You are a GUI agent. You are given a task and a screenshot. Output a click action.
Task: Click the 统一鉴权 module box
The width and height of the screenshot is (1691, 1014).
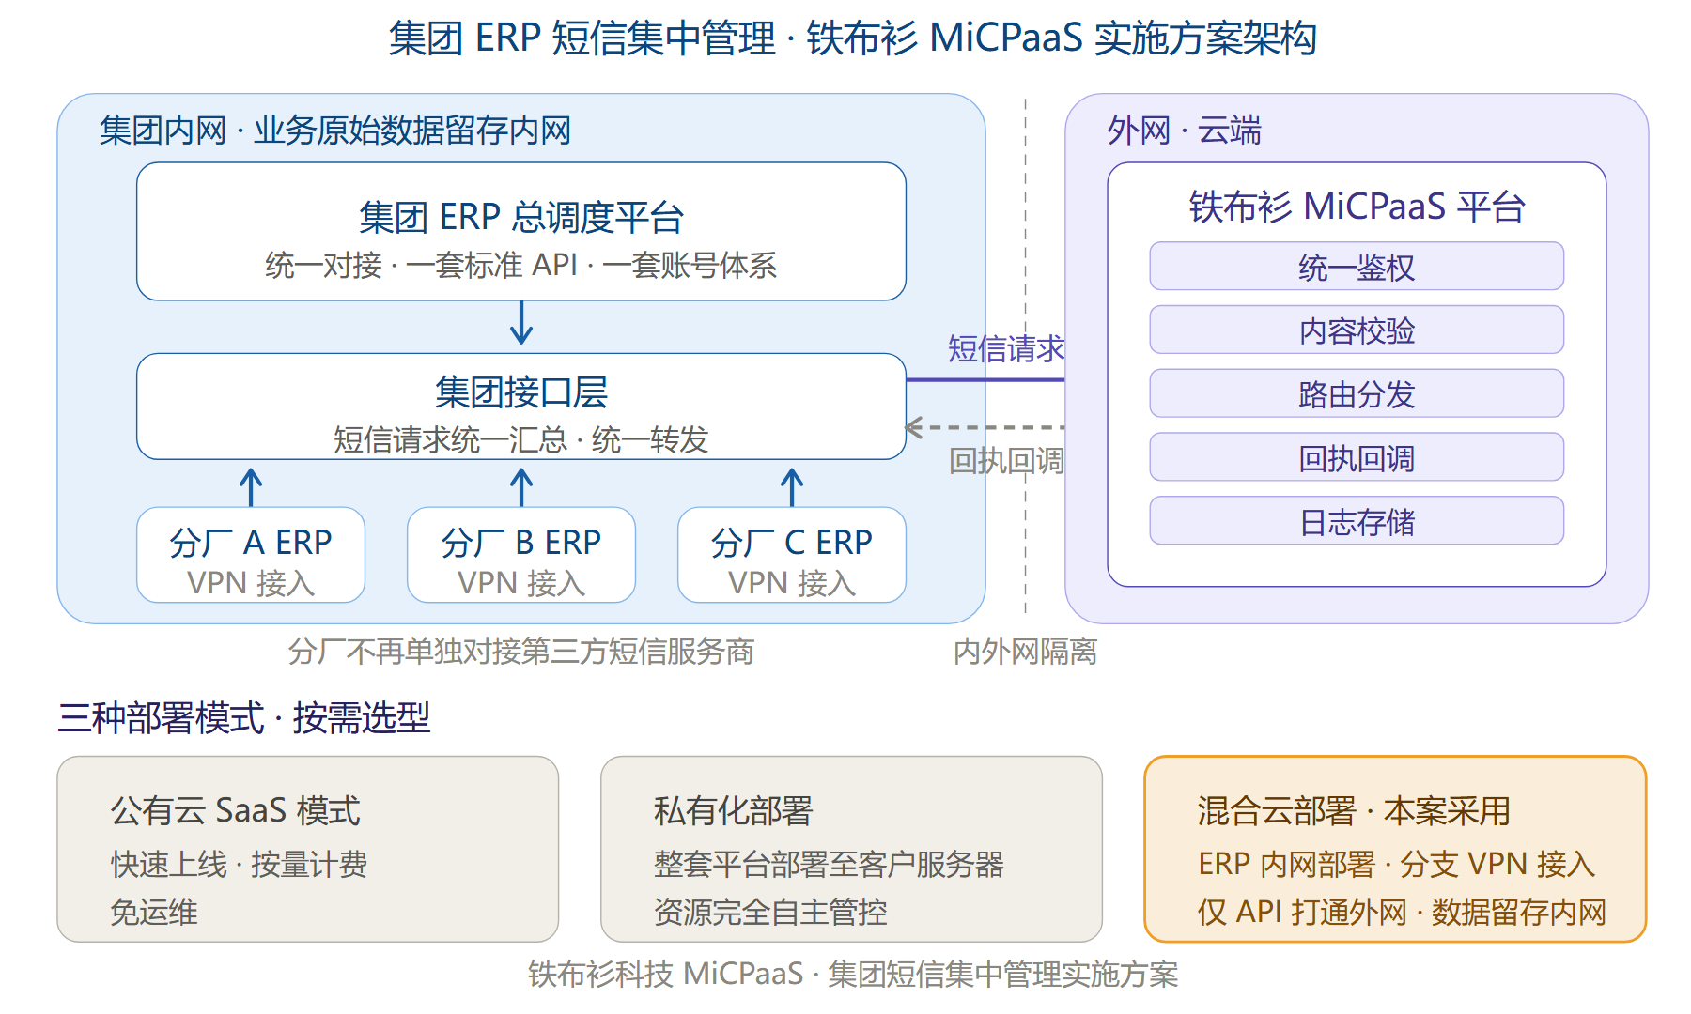[x=1357, y=267]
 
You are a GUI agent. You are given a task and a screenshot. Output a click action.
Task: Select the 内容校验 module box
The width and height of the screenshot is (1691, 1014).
[x=1357, y=330]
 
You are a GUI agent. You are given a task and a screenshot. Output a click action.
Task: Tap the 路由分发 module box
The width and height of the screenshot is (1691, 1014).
[x=1357, y=393]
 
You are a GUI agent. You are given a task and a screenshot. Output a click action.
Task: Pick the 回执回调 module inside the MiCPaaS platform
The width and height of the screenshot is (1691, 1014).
[x=1357, y=457]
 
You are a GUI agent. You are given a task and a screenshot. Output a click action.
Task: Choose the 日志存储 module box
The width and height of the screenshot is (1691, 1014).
[x=1357, y=521]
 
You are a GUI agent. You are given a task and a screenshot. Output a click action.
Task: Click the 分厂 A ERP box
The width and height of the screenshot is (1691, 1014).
[x=251, y=555]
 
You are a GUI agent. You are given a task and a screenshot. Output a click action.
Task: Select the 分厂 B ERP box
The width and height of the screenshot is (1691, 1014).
[x=521, y=555]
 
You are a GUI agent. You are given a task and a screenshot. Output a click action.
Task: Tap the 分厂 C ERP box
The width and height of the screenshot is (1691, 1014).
[x=792, y=555]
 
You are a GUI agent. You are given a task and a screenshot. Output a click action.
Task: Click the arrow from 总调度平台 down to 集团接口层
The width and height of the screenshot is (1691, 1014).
[x=521, y=322]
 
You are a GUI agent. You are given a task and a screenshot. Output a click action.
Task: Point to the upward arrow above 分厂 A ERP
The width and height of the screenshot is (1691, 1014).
[x=251, y=487]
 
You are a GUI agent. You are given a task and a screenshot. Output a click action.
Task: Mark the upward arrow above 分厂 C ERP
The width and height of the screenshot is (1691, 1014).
[x=792, y=487]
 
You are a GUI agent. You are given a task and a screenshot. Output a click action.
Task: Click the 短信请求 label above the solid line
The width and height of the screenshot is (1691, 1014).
[x=1006, y=349]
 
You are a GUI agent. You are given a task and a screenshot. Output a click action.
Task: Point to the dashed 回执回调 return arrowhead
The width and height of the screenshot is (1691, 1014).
[x=913, y=427]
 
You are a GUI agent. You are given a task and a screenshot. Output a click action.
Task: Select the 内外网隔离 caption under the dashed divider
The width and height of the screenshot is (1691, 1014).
[x=1025, y=652]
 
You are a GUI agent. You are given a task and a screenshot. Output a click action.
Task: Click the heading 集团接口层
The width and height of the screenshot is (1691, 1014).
[x=521, y=392]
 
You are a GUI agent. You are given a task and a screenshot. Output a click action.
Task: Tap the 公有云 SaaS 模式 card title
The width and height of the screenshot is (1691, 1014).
[x=235, y=811]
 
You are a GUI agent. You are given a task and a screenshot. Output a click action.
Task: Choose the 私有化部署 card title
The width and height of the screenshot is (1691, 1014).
[x=733, y=811]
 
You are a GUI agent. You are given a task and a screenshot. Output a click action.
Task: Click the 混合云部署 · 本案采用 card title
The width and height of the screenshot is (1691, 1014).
[x=1354, y=811]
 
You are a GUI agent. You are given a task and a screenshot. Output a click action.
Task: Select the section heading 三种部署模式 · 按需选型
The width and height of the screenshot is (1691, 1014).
[x=244, y=718]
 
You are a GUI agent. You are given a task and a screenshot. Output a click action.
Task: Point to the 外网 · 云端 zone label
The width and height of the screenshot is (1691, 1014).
[x=1184, y=131]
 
